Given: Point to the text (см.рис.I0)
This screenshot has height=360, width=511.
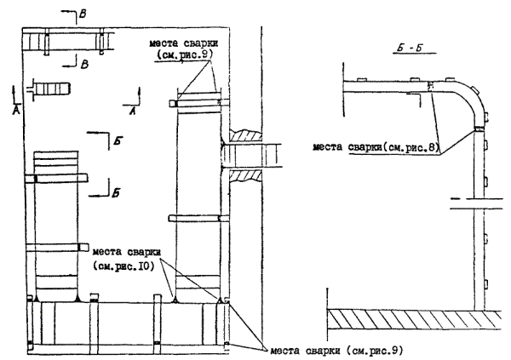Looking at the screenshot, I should [x=123, y=265].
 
